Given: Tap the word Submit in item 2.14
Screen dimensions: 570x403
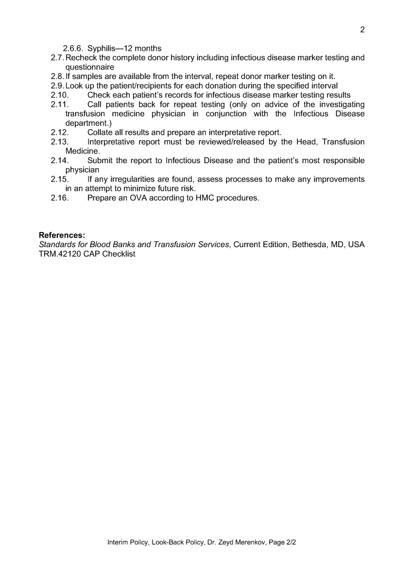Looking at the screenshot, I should click(x=102, y=161).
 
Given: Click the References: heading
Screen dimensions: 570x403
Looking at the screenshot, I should click(x=62, y=235).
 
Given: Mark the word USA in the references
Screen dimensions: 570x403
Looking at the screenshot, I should click(x=356, y=245).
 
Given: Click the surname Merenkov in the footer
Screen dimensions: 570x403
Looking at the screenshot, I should click(x=247, y=542).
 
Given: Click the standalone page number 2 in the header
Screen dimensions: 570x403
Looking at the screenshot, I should click(x=362, y=30).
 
